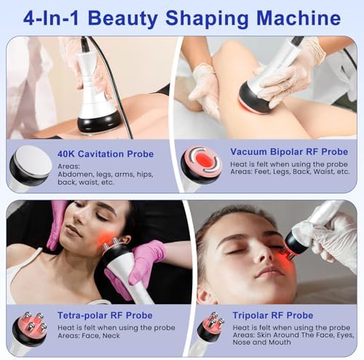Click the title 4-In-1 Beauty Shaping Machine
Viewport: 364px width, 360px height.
[181, 17]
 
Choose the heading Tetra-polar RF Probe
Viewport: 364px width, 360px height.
[105, 315]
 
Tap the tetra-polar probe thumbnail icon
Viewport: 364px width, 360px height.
[28, 331]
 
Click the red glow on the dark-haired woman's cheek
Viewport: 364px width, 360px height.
[107, 239]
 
